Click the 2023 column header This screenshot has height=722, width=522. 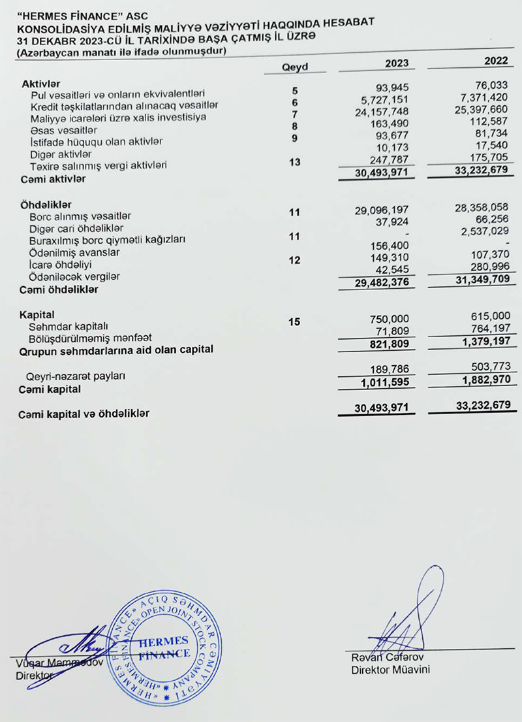[397, 63]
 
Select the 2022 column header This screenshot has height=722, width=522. [497, 61]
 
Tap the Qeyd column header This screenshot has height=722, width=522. [294, 67]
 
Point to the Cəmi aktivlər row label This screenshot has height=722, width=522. [54, 178]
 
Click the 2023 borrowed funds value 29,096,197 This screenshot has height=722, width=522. [382, 210]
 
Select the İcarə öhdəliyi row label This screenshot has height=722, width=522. [60, 265]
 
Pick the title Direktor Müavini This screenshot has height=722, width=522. [390, 670]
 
